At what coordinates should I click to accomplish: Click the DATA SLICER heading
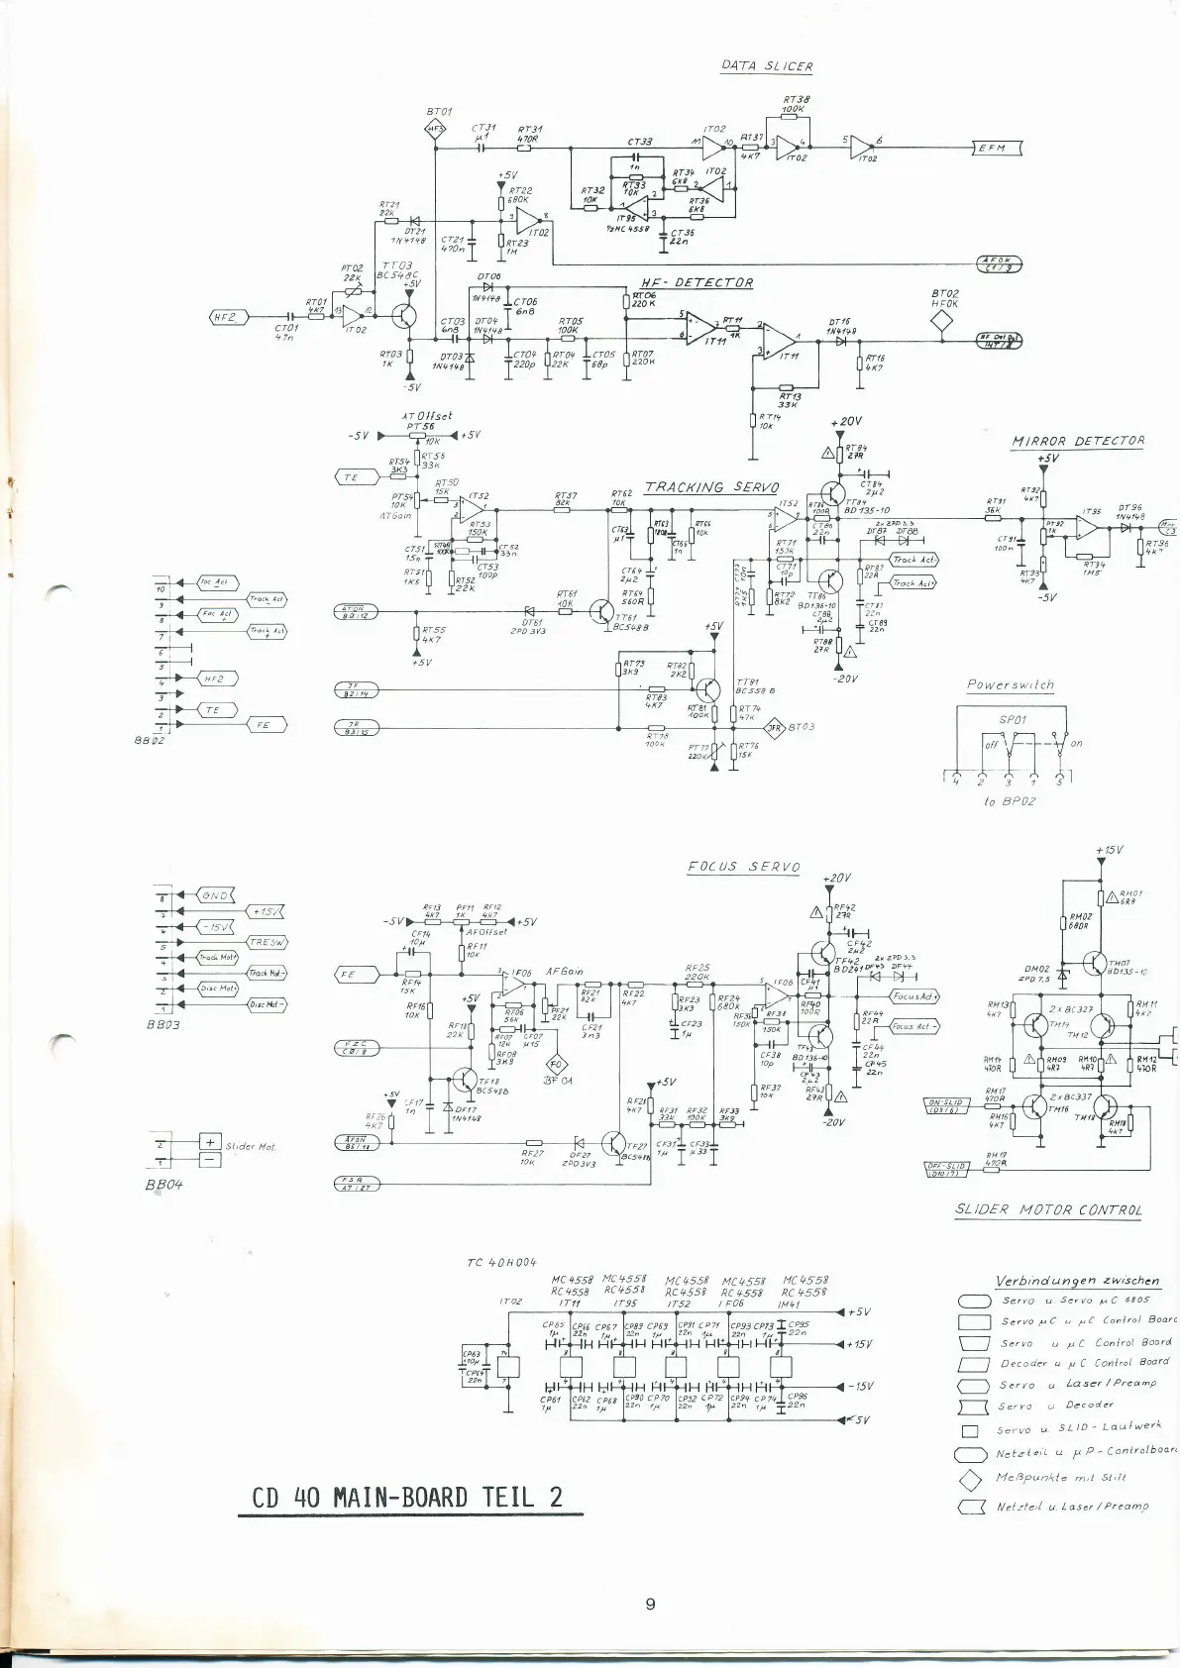(x=767, y=66)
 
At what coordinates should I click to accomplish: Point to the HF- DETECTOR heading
(x=697, y=283)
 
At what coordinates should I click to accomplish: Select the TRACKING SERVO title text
(x=711, y=487)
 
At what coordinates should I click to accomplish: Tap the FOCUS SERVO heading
(x=744, y=867)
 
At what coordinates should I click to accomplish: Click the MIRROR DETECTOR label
(x=1078, y=442)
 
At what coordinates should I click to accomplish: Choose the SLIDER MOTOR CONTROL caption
(x=1048, y=1209)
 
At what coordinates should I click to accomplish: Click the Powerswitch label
(x=1011, y=684)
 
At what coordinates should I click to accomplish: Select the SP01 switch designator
(x=1013, y=720)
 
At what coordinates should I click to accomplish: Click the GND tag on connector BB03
(x=216, y=895)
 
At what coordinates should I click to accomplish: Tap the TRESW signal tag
(x=268, y=942)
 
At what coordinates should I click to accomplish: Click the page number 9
(x=650, y=1604)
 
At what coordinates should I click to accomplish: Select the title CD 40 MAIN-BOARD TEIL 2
(x=407, y=1496)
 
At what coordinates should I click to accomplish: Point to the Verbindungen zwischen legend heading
(x=1077, y=1280)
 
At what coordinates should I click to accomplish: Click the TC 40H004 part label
(x=500, y=1262)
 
